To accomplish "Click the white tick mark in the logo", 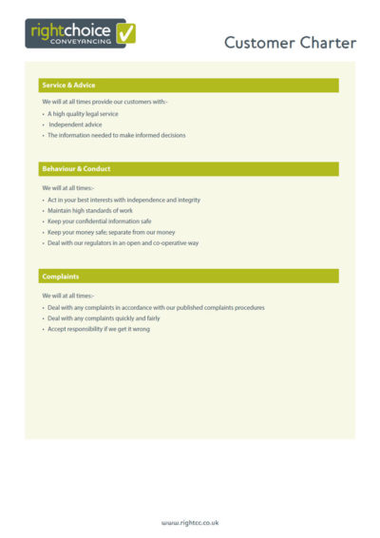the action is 126,33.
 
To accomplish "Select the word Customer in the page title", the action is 259,43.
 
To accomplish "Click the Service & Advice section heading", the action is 68,86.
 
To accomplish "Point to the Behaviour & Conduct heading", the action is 76,168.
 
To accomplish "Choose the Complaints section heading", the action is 60,276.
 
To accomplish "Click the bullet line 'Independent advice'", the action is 75,125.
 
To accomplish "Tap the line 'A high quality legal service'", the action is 83,113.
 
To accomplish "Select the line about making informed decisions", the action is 116,135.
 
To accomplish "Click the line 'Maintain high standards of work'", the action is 90,210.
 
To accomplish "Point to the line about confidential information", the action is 99,221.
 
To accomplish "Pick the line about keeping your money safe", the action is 111,232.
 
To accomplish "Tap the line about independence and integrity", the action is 123,200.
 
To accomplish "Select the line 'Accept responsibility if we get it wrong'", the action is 99,329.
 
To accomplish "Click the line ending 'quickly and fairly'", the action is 104,318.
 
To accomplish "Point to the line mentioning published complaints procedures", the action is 156,307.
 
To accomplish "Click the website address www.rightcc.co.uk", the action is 190,522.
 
